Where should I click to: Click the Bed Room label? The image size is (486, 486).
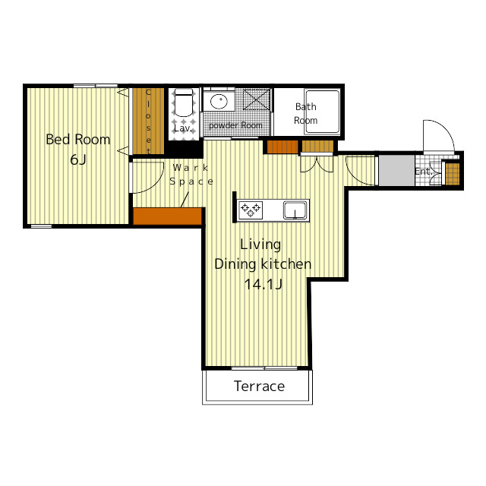77,140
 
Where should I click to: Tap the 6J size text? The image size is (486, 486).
78,159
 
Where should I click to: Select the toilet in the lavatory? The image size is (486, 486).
184,102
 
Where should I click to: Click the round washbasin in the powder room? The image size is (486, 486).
219,101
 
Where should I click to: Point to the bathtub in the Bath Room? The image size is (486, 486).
322,112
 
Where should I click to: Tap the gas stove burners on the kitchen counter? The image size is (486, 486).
251,210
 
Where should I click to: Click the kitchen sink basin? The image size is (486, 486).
295,210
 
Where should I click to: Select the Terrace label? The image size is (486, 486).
259,387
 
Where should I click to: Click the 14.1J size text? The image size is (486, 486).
263,284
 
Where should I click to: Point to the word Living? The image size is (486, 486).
260,245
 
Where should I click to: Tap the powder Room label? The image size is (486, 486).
235,125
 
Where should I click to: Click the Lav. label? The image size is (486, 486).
182,128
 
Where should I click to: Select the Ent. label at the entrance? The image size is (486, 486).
423,172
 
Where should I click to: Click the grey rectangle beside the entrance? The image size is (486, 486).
396,170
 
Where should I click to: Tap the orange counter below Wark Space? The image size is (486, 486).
167,216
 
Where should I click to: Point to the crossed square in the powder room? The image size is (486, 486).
257,99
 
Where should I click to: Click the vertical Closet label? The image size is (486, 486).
149,121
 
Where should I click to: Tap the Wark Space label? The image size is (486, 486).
191,175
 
